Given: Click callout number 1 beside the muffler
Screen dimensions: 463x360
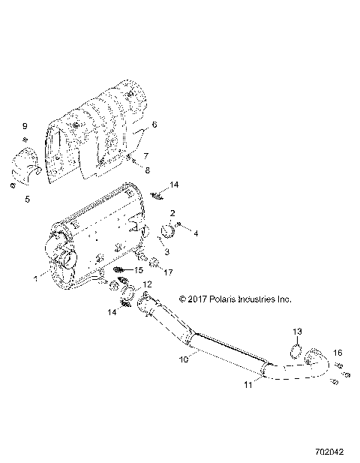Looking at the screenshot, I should click(x=34, y=277).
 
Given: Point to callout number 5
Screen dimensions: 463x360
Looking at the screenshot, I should click(x=26, y=199).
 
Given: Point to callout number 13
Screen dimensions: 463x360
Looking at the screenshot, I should click(x=296, y=332).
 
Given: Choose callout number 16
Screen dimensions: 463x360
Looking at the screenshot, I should click(x=337, y=352).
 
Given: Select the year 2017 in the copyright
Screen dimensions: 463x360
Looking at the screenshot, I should click(x=197, y=298).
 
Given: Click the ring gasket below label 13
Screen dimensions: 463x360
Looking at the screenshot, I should click(x=296, y=350).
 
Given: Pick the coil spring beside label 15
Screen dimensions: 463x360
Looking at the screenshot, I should click(x=121, y=269).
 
